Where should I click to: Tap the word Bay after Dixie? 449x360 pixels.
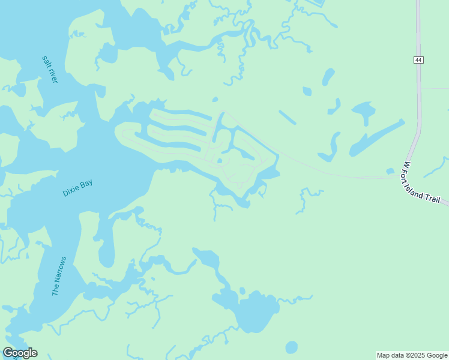click(x=86, y=182)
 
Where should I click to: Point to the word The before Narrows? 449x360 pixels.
click(x=55, y=289)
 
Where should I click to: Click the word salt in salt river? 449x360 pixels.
click(x=46, y=62)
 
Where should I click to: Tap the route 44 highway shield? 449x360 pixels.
click(x=418, y=59)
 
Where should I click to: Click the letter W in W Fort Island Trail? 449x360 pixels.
click(x=406, y=164)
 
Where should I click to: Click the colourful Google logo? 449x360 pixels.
click(x=20, y=353)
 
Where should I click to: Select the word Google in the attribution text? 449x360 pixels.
click(x=436, y=355)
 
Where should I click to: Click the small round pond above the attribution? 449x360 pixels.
click(x=291, y=347)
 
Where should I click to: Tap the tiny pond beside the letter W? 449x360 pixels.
click(x=391, y=171)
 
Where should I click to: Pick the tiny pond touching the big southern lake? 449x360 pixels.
click(x=242, y=291)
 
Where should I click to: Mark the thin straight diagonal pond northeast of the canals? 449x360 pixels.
click(x=287, y=117)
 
